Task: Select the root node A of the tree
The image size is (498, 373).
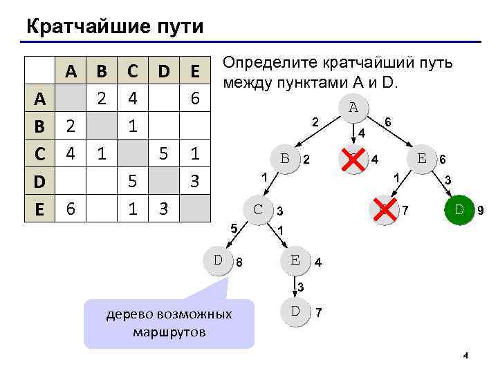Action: pos(353,108)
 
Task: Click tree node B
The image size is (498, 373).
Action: pos(284,157)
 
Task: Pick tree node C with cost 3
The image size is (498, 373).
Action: pos(257,208)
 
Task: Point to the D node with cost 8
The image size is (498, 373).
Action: pos(219,260)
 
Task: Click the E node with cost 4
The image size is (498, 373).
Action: pos(295,260)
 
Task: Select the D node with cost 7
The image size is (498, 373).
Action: pos(295,310)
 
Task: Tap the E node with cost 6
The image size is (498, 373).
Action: pos(421,157)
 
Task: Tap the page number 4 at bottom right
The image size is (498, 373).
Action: pos(465,356)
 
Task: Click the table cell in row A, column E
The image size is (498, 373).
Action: pos(195,99)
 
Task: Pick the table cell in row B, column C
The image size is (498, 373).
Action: pos(132,126)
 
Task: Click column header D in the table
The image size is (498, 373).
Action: pos(163,70)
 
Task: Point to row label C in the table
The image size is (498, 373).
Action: pos(39,153)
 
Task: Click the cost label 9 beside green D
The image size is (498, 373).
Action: pos(480,209)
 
